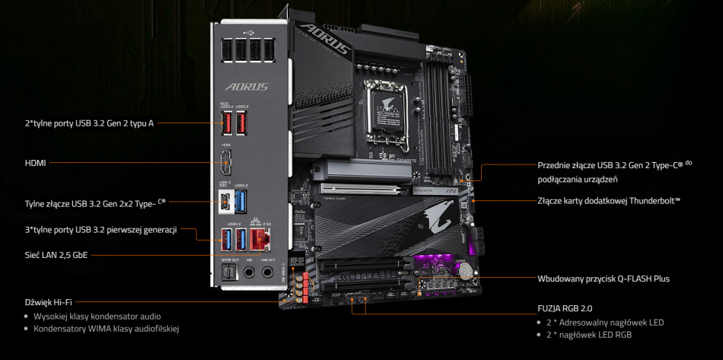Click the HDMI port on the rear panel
[x=227, y=162]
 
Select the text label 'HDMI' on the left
[x=35, y=162]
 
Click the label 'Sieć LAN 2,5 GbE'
[x=56, y=255]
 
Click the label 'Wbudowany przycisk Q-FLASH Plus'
[x=603, y=279]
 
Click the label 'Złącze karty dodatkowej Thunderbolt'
[x=608, y=201]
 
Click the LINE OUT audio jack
[x=268, y=272]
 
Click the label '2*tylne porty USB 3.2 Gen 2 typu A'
[x=89, y=122]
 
